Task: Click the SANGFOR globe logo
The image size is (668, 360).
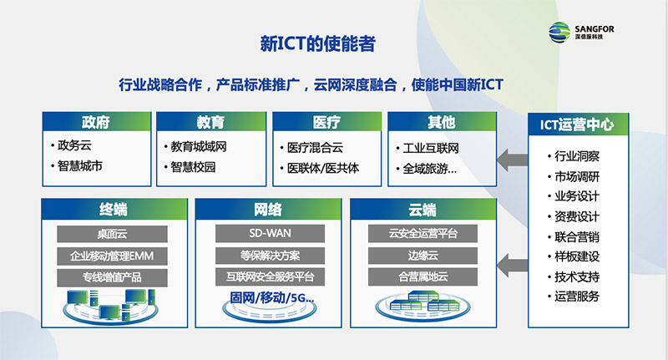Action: click(559, 32)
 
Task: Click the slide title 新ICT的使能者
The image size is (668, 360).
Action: click(318, 44)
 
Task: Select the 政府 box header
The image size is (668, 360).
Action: click(97, 122)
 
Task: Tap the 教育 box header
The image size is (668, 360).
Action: click(211, 122)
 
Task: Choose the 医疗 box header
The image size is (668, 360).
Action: click(326, 122)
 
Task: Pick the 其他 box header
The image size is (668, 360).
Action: click(442, 122)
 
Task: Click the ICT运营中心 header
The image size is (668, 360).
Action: click(578, 124)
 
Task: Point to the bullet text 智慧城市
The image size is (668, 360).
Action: click(80, 165)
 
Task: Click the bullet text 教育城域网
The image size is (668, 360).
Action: click(199, 146)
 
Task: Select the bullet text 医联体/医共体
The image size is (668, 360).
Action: click(323, 168)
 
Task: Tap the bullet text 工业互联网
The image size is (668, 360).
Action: click(431, 149)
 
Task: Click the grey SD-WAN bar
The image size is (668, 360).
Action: click(270, 234)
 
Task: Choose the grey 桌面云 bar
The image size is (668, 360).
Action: click(112, 234)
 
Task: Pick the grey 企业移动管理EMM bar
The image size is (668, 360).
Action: click(112, 256)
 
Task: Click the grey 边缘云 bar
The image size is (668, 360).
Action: click(423, 256)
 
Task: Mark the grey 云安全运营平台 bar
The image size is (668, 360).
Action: click(423, 234)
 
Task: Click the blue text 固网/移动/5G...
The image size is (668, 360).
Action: click(272, 297)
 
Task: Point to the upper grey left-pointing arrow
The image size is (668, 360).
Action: click(513, 160)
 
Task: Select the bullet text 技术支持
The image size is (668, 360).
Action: click(577, 277)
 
